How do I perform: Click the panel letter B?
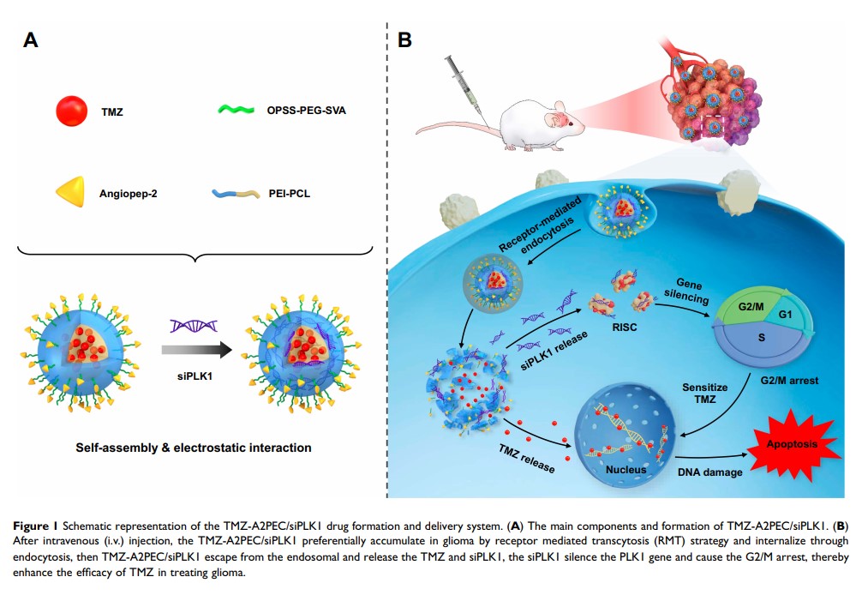click(405, 39)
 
